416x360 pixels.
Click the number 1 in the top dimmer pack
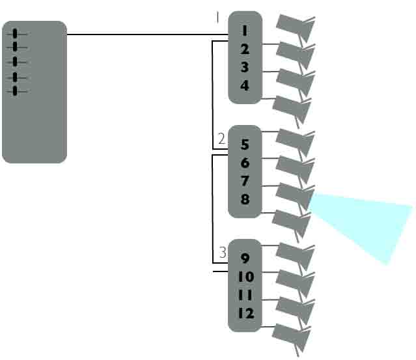[x=245, y=31]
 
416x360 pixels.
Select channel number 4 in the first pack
[x=245, y=85]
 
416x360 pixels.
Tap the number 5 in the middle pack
[x=245, y=145]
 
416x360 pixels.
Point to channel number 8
[x=245, y=199]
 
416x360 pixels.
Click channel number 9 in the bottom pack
[x=245, y=258]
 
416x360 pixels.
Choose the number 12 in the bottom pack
[x=245, y=313]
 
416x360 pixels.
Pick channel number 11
[x=245, y=295]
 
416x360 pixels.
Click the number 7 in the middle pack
[x=245, y=181]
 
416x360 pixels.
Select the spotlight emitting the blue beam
[x=294, y=195]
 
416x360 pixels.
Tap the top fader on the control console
[x=16, y=33]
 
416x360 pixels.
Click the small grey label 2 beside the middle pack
[x=221, y=138]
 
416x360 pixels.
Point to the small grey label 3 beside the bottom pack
[x=222, y=252]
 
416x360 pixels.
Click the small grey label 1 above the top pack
[x=217, y=18]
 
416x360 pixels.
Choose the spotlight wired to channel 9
[x=294, y=255]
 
